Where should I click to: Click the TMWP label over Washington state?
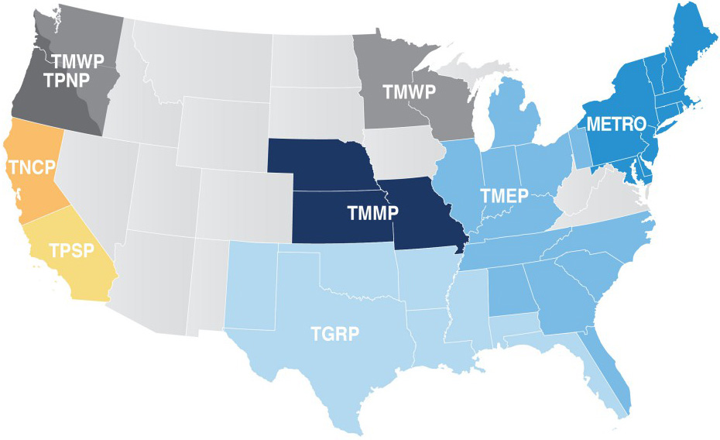coord(78,59)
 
